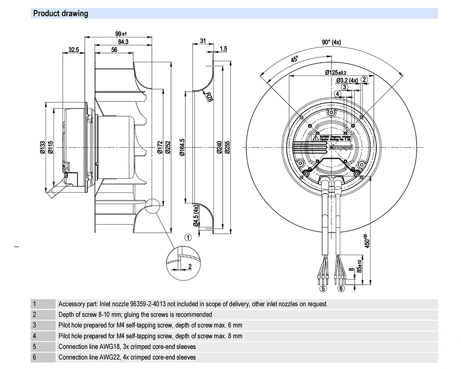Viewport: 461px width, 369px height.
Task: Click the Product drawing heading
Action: coord(60,13)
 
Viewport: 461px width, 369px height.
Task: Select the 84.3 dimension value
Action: coord(123,42)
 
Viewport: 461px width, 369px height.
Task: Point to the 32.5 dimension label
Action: coord(73,49)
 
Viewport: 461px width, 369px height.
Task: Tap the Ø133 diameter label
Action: coord(42,146)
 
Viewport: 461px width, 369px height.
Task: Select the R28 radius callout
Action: coord(209,96)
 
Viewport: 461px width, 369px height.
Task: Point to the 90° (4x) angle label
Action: coord(331,42)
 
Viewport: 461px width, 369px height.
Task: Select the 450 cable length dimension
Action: coord(366,241)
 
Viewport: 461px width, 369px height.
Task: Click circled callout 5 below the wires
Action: coord(323,289)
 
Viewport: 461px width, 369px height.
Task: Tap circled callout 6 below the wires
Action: coord(341,289)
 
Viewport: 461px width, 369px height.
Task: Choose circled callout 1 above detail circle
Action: coord(188,238)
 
